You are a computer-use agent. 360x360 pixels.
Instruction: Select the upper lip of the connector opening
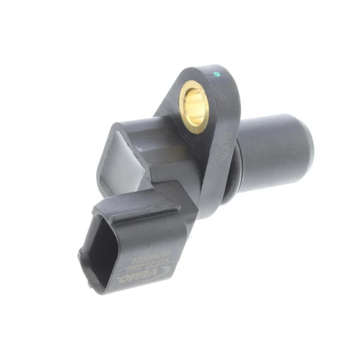tap(108, 225)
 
